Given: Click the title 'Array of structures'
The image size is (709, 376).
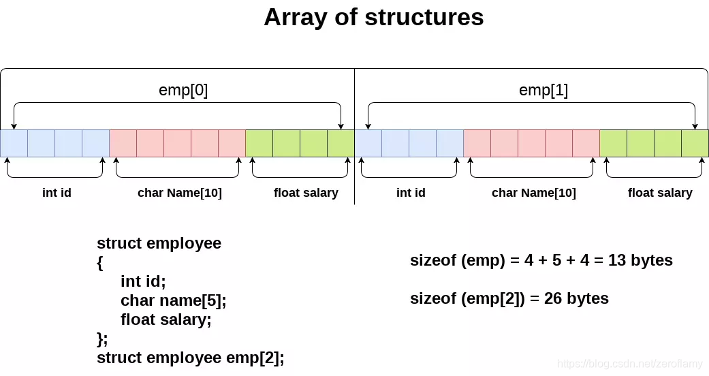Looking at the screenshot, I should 373,17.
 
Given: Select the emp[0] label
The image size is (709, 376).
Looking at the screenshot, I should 183,90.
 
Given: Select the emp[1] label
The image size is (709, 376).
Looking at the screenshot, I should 543,90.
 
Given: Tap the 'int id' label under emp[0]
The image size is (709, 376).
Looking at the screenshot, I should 57,193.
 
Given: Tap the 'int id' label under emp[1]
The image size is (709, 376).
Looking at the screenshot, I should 411,193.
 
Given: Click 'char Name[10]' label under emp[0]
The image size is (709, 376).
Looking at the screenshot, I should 180,193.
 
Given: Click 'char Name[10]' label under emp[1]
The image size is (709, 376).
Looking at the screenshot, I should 533,193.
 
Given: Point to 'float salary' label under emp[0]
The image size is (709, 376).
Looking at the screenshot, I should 306,193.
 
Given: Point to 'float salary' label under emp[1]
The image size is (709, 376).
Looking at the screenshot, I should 660,193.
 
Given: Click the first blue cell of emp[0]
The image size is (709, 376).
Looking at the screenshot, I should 14,143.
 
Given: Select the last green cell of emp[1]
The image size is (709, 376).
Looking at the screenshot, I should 695,143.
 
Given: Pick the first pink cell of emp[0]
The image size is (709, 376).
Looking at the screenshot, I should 123,143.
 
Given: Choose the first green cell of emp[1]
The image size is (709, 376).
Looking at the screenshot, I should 613,143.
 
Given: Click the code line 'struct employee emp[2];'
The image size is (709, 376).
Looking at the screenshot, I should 191,358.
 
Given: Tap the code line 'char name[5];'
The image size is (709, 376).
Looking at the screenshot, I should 173,300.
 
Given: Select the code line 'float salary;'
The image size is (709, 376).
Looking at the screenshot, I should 166,319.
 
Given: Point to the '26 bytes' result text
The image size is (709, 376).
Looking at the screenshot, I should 576,298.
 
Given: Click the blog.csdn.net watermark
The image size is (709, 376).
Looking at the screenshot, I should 631,364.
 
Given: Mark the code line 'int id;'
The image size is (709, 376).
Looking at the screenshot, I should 143,281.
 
